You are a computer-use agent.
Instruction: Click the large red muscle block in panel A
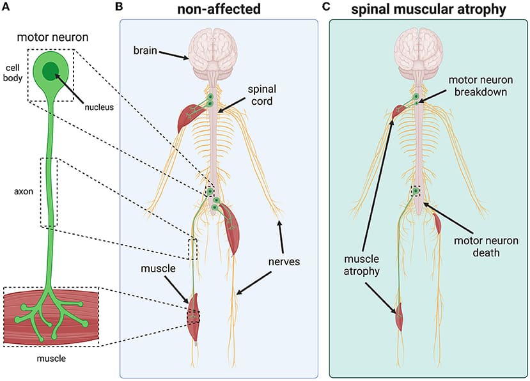[x=51, y=316]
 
